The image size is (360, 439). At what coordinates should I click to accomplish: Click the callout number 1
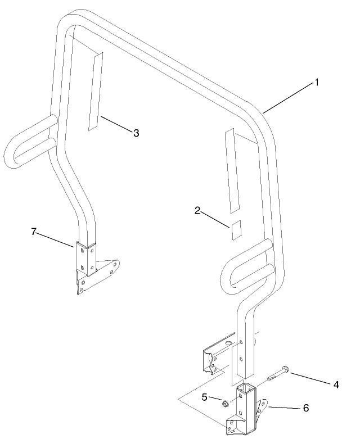point(317,83)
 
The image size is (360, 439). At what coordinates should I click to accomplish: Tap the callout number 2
point(197,211)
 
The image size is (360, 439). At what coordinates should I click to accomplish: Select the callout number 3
point(136,133)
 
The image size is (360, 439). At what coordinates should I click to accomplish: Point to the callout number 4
point(336,384)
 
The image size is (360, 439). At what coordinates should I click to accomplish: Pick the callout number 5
point(205,397)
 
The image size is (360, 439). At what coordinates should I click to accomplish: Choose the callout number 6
point(306,408)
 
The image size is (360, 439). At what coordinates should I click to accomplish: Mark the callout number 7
point(34,232)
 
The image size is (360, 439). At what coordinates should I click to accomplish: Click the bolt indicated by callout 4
point(277,373)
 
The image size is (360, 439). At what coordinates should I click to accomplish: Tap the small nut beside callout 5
point(225,404)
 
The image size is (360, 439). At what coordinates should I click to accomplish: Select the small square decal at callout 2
point(236,230)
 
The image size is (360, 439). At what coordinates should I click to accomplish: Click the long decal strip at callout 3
point(96,92)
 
